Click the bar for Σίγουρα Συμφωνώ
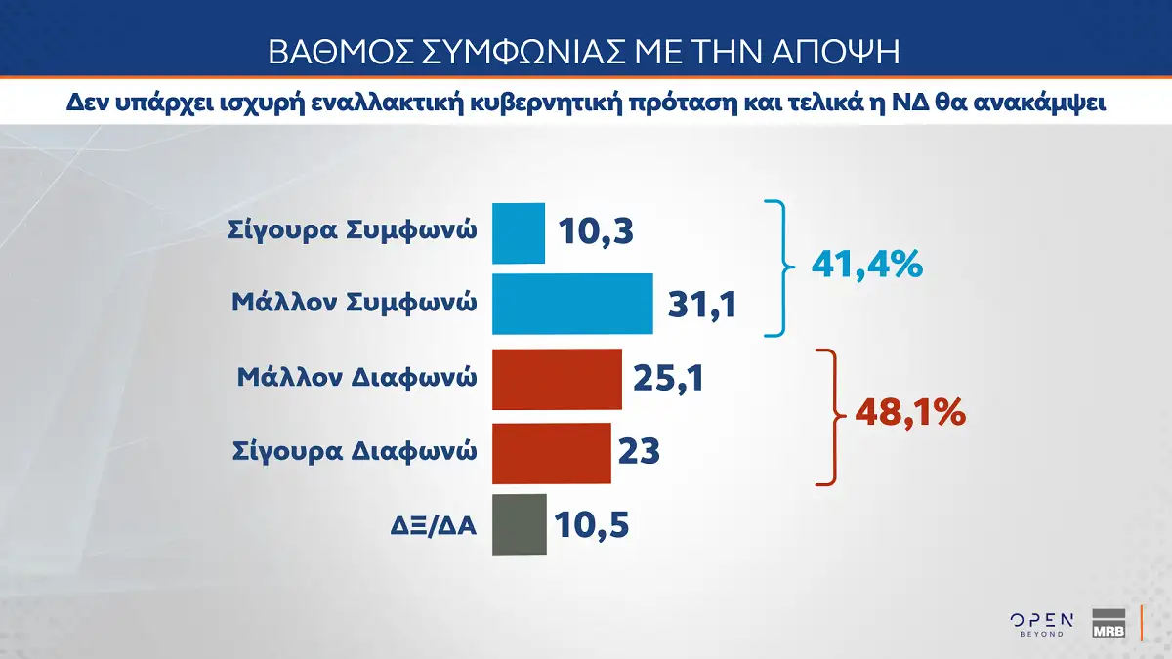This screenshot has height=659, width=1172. tap(519, 233)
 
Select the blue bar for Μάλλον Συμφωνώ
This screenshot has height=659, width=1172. tap(572, 304)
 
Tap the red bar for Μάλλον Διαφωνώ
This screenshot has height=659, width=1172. tap(558, 379)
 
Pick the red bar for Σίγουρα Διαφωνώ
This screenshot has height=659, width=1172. tap(552, 453)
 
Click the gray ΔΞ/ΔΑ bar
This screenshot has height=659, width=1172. tap(520, 524)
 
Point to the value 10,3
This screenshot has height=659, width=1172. tap(596, 231)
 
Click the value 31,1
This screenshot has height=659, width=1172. tap(702, 304)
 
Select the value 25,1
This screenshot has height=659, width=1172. tap(669, 378)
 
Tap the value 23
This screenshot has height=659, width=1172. tap(639, 451)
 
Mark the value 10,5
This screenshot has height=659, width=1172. tap(591, 524)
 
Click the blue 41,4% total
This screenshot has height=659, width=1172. tap(867, 265)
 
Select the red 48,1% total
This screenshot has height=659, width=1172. tap(910, 413)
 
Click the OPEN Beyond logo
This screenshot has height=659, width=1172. tap(1042, 625)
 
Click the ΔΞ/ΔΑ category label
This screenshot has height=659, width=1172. tap(434, 525)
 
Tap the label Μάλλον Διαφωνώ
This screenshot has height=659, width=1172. tap(356, 378)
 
